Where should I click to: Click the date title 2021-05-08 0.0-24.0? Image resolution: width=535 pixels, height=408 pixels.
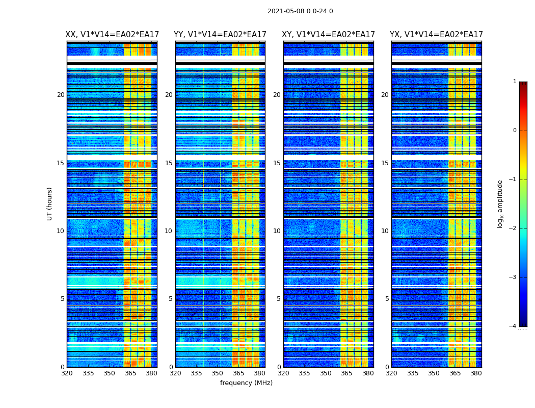click(x=300, y=11)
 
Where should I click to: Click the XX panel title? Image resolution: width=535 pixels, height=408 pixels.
click(x=112, y=35)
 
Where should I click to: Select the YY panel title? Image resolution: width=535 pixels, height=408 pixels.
click(x=220, y=35)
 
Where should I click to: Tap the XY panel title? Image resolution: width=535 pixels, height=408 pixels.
click(x=329, y=35)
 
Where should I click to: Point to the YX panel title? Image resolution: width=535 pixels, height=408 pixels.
click(x=436, y=35)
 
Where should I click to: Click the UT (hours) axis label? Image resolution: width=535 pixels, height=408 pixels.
click(x=50, y=203)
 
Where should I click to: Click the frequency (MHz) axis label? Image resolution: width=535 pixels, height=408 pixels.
click(x=246, y=383)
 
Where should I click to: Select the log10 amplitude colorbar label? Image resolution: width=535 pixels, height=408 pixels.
click(x=500, y=203)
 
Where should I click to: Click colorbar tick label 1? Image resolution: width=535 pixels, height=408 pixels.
click(x=515, y=82)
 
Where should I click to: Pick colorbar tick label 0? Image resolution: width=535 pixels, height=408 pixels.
click(x=515, y=131)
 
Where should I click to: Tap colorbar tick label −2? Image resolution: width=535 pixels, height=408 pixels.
click(x=514, y=228)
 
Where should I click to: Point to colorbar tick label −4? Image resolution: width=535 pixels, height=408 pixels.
click(x=514, y=326)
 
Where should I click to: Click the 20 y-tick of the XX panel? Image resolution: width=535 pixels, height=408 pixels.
click(x=61, y=95)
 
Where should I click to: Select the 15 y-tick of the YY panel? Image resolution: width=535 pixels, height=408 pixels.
click(x=169, y=163)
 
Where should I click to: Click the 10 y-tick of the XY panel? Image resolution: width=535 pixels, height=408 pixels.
click(x=277, y=231)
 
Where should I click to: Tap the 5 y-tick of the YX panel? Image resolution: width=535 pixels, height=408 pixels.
click(x=387, y=299)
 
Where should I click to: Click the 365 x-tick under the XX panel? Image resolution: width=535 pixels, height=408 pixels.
click(x=130, y=373)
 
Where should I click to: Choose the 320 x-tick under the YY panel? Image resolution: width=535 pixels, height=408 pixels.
click(x=175, y=373)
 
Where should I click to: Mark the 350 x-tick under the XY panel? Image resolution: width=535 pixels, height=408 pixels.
click(x=326, y=373)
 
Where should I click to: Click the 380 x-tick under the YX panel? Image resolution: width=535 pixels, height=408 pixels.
click(x=476, y=373)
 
